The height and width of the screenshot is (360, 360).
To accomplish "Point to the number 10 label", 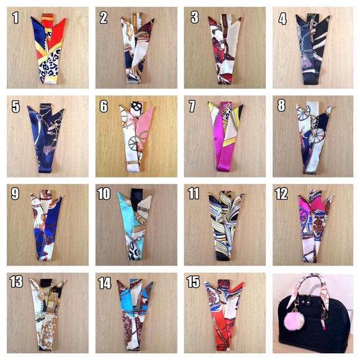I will click(x=104, y=194).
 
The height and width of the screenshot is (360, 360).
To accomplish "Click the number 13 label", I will click(x=16, y=283).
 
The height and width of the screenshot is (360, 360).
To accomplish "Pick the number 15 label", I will click(x=193, y=283).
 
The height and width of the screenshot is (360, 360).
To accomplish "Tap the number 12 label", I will click(x=282, y=194).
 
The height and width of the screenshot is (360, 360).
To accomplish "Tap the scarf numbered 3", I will click(x=225, y=53).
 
